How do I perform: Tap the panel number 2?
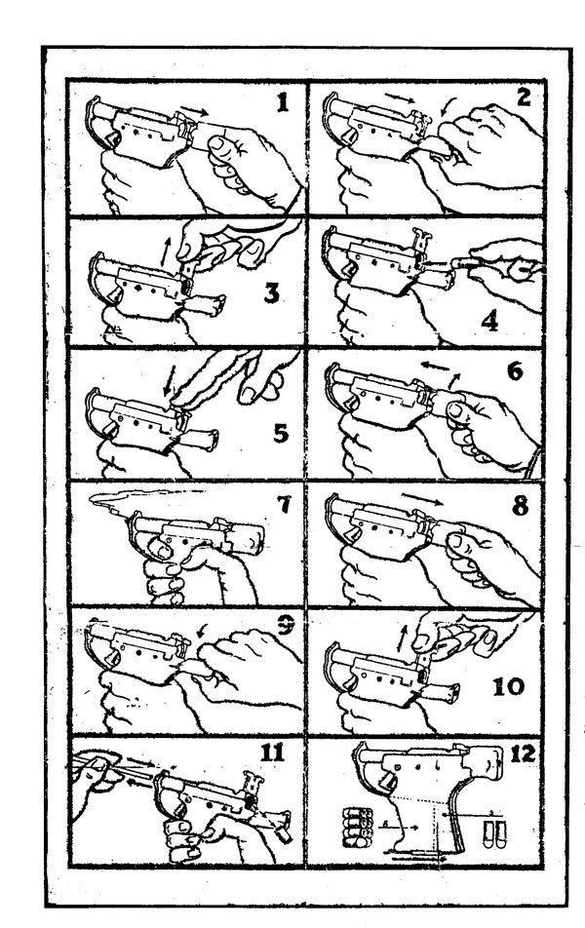(x=524, y=97)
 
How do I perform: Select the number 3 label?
(x=271, y=291)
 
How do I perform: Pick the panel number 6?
(x=514, y=371)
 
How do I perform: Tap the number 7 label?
(x=284, y=504)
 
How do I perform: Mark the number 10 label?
(x=509, y=686)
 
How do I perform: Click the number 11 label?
(x=272, y=752)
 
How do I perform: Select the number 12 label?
(x=523, y=753)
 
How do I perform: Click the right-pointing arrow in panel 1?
(x=194, y=110)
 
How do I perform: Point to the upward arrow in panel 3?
(x=167, y=251)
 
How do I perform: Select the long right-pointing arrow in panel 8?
(x=422, y=498)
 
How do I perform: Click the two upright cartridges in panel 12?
(x=493, y=833)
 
